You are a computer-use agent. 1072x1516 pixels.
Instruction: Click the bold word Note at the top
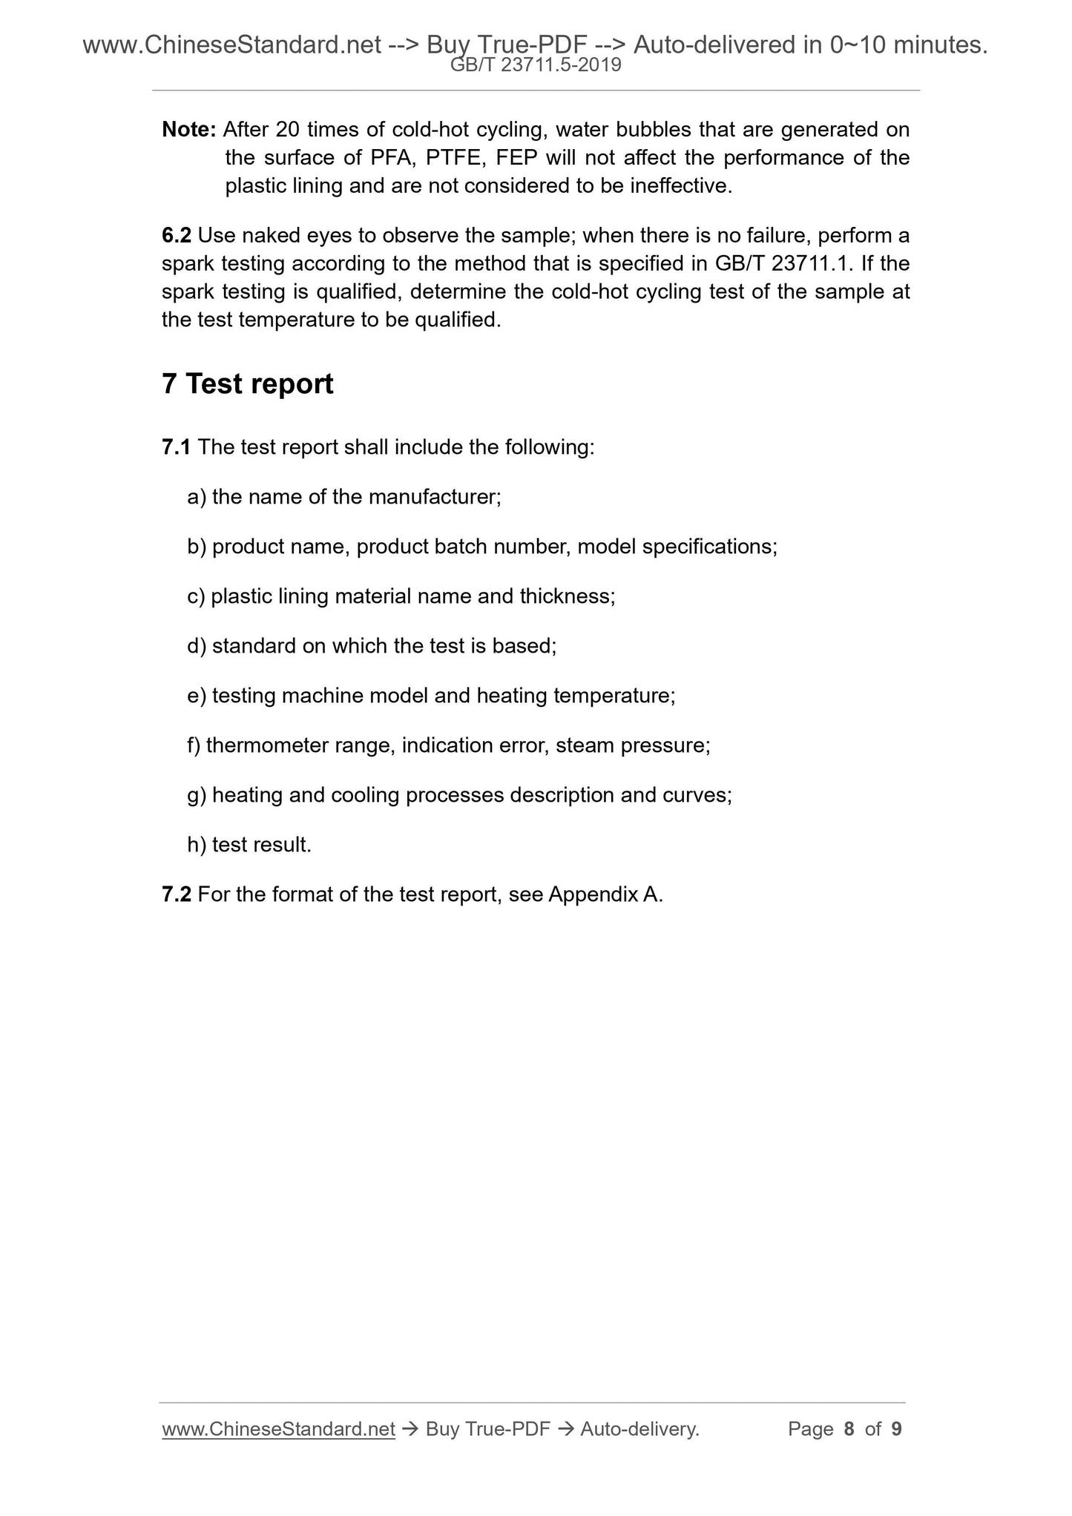(x=188, y=130)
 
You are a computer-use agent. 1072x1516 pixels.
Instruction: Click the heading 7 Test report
(x=248, y=384)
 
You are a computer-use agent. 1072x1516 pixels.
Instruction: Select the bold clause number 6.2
(x=176, y=236)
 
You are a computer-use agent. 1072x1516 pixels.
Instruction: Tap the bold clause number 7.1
(x=176, y=447)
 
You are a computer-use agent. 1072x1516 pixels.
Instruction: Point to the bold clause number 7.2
(x=176, y=894)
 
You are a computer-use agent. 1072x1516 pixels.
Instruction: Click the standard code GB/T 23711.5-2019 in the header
(x=536, y=66)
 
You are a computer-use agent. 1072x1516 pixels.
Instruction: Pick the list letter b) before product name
(x=196, y=547)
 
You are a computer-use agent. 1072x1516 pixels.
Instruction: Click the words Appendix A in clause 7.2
(x=605, y=894)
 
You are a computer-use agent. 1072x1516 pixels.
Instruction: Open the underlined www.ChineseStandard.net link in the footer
(x=278, y=1429)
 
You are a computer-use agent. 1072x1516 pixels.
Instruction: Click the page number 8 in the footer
(x=849, y=1429)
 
